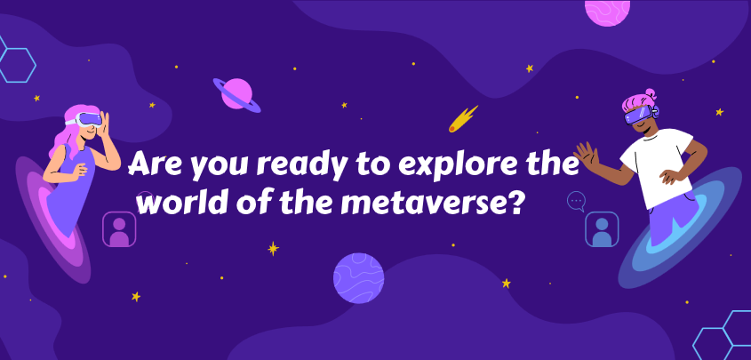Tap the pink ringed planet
tap(237, 95)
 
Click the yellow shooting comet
tap(463, 119)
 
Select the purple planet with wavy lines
tap(359, 278)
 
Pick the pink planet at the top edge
tap(607, 12)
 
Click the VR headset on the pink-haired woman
tap(89, 119)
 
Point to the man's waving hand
tap(587, 155)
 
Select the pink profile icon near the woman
tap(119, 229)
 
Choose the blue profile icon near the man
tap(602, 229)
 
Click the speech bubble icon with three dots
tap(576, 202)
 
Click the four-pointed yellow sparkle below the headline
tap(274, 249)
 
